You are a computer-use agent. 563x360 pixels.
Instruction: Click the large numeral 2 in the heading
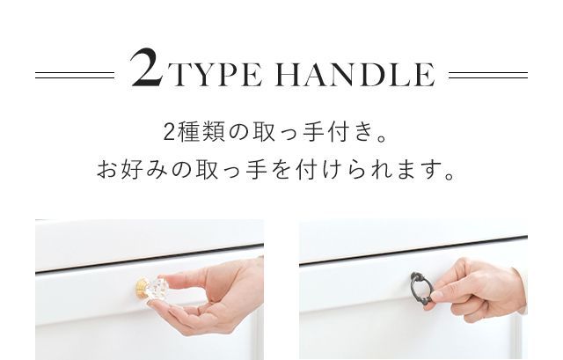[146, 69]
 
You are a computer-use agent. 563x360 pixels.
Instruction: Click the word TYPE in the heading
[214, 76]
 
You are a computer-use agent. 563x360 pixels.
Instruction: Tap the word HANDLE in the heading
[356, 76]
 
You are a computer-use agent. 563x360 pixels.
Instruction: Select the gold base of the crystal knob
[140, 287]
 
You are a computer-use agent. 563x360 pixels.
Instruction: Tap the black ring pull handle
[421, 288]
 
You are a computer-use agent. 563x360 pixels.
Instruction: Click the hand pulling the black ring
[479, 290]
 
